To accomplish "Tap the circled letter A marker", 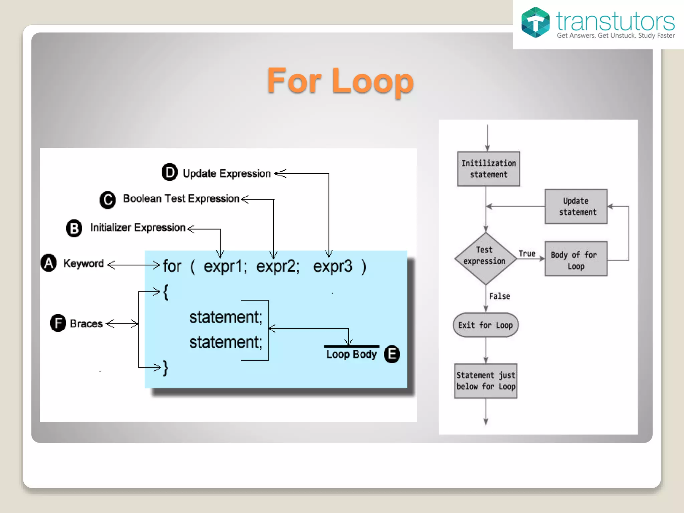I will pos(49,263).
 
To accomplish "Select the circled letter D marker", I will pos(170,172).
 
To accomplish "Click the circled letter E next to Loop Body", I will pos(392,354).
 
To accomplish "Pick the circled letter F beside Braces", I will pos(58,323).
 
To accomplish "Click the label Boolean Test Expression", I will pos(181,199).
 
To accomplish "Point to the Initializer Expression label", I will pos(138,227).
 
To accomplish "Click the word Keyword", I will pos(83,264).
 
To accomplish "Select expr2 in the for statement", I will pos(277,266).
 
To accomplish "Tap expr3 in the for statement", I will pos(332,266).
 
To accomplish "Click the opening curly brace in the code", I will pos(166,292).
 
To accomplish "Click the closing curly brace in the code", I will pos(165,368).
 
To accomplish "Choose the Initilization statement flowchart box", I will pos(488,169).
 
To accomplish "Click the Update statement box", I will pos(576,206).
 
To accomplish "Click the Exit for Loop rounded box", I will pos(485,325).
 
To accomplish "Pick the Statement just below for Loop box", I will pos(486,381).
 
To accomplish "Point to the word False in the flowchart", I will pos(499,296).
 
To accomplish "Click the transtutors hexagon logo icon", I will pos(535,22).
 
